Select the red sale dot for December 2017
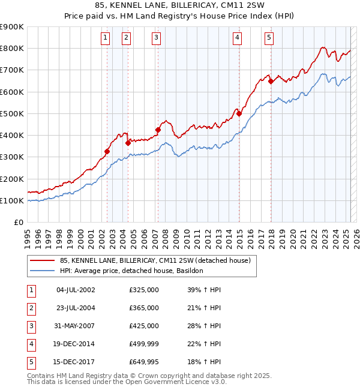point(271,82)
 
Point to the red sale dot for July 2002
point(107,152)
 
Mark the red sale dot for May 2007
point(158,130)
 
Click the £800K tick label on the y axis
point(12,49)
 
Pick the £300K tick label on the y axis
point(12,157)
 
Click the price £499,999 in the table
point(144,344)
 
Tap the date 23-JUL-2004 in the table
point(76,308)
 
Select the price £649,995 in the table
point(144,362)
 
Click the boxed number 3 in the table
point(31,326)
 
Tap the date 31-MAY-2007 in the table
point(76,326)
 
